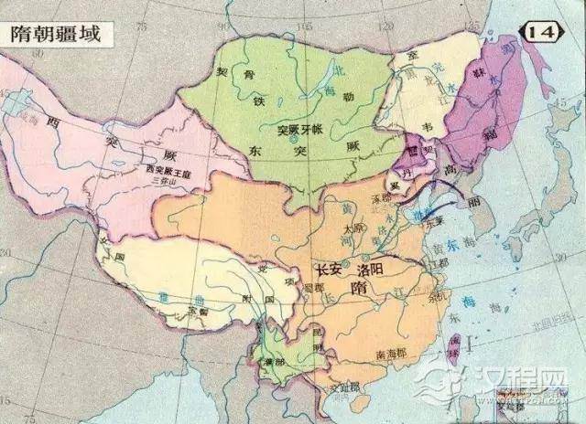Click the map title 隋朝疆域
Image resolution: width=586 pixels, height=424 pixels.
click(56, 35)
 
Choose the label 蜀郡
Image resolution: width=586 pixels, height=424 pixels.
click(314, 286)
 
